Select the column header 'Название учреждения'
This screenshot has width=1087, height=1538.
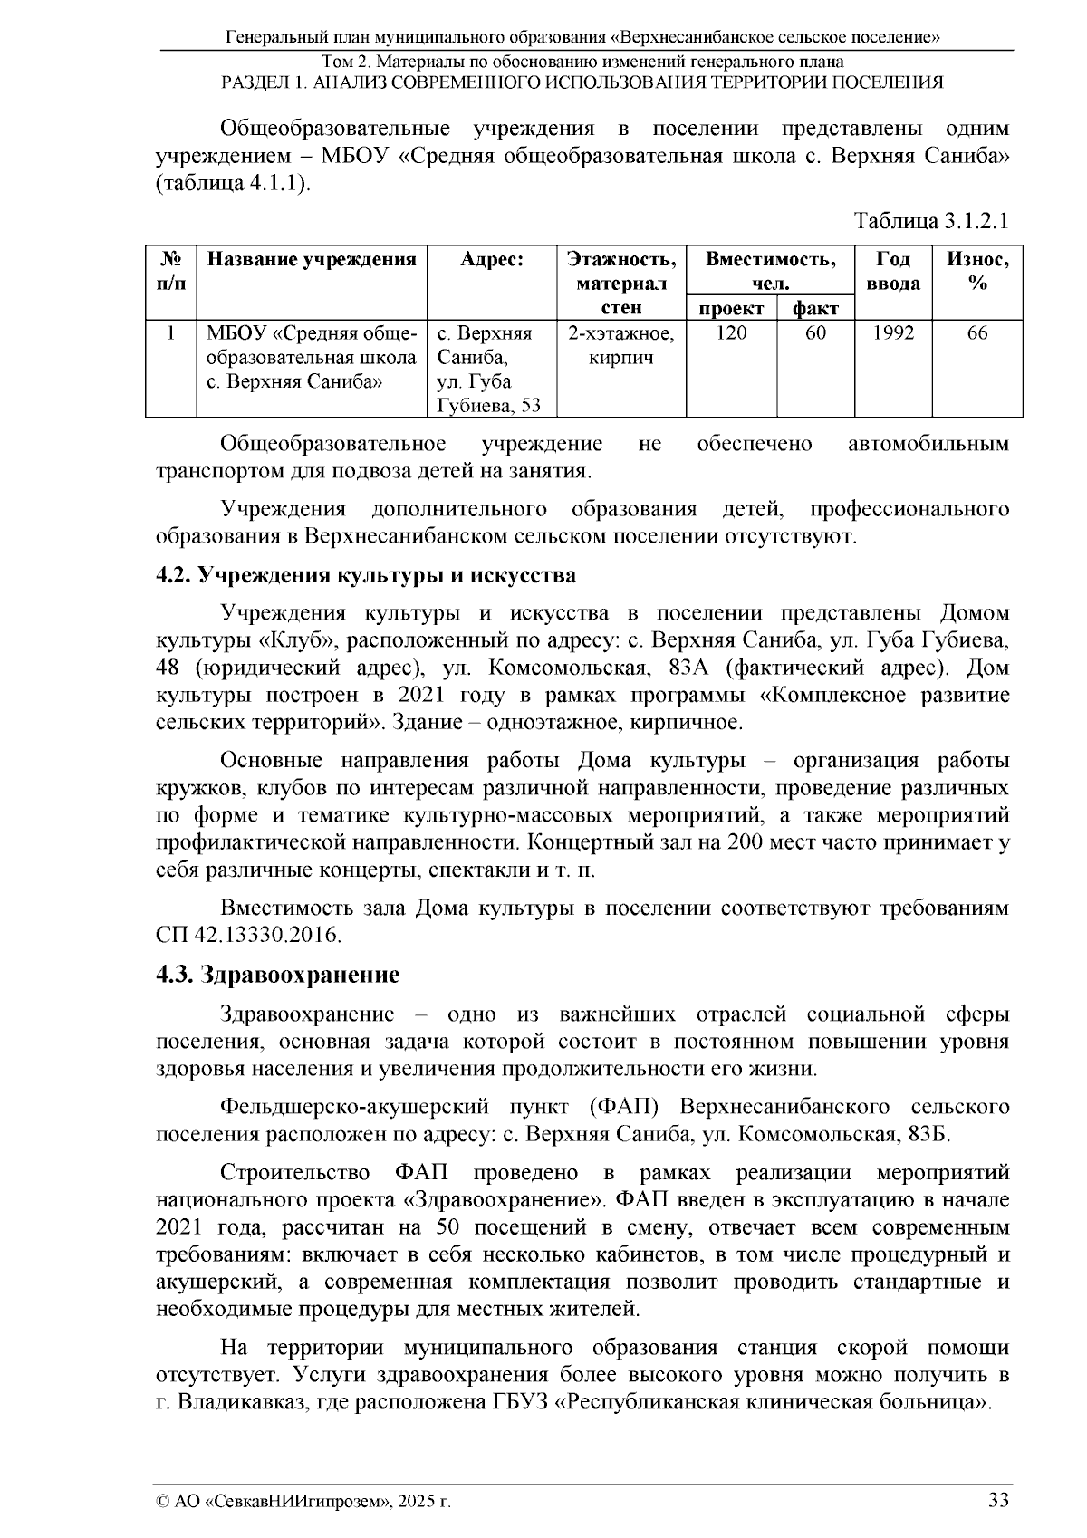coord(312,260)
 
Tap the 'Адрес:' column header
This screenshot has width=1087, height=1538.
coord(491,260)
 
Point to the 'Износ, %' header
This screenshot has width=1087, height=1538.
coord(976,271)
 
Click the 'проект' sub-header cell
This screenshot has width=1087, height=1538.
coord(731,309)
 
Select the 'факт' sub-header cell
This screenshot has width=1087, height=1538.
coord(815,309)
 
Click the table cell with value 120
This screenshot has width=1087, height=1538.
coord(731,333)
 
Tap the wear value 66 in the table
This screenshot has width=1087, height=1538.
coord(976,333)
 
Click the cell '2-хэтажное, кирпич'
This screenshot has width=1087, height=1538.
coord(620,345)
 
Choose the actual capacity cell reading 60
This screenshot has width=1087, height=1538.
coord(815,333)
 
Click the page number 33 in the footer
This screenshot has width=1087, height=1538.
coord(998,1500)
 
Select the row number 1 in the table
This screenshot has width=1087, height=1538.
coord(170,333)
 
